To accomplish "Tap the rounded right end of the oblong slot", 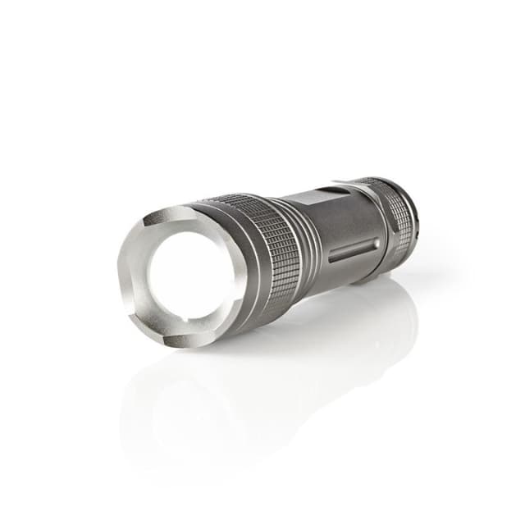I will point(376,243).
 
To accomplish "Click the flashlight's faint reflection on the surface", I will point(271,369).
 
